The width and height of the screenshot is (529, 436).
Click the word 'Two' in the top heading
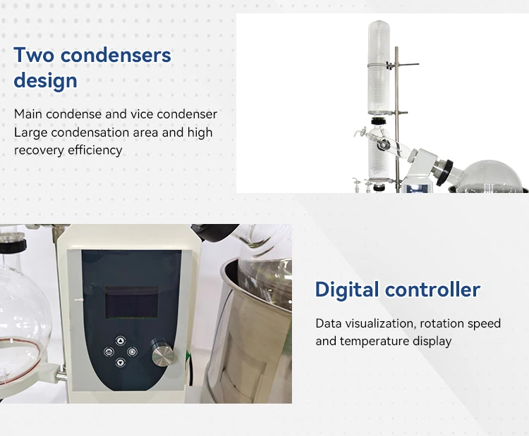[x=35, y=54]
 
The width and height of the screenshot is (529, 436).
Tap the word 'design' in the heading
[x=45, y=80]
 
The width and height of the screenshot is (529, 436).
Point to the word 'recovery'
[x=36, y=150]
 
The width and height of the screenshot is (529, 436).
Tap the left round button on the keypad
[x=109, y=350]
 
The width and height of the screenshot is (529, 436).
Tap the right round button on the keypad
[x=133, y=350]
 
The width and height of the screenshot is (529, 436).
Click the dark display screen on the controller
[x=130, y=305]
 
